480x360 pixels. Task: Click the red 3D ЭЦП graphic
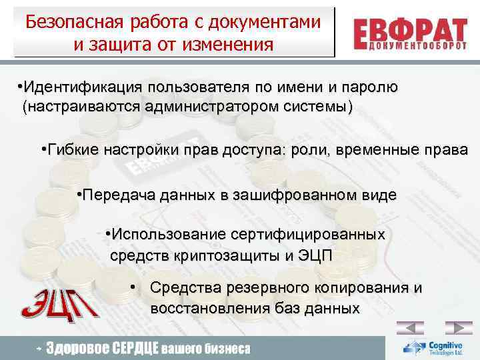pyautogui.click(x=59, y=303)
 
